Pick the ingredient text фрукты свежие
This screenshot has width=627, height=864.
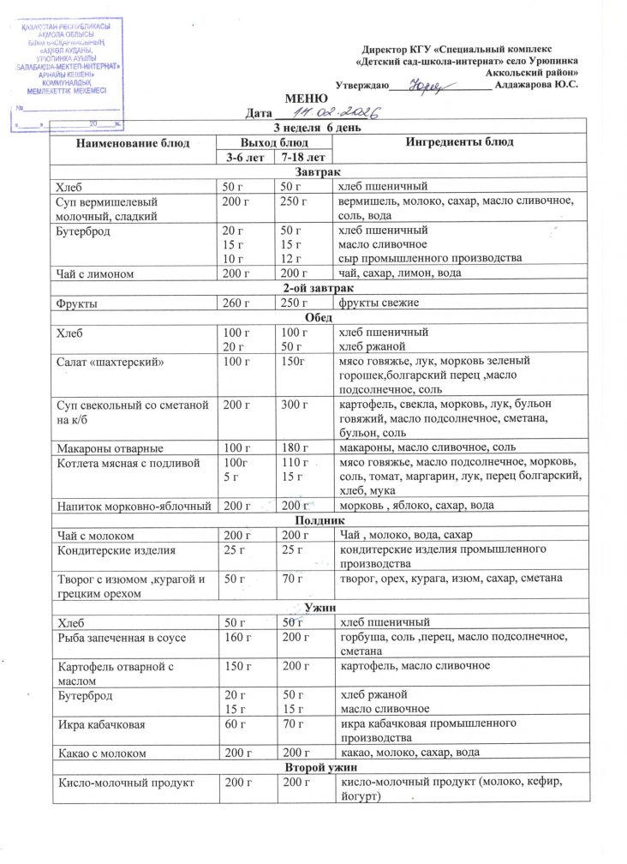coord(374,303)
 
